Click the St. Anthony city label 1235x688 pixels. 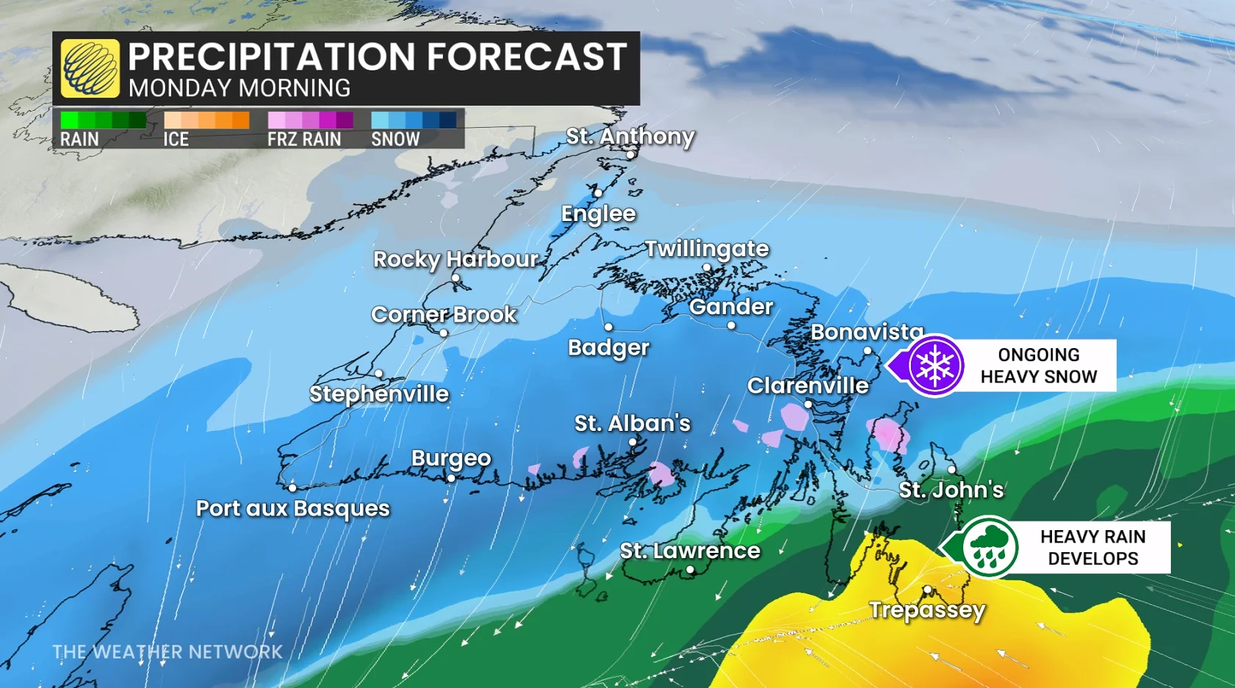630,136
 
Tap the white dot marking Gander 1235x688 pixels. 731,325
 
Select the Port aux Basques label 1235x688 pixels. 292,508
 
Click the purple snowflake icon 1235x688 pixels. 935,365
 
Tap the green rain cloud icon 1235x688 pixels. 989,547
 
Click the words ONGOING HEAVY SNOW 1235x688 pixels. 1038,366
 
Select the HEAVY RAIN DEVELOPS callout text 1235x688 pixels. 1092,548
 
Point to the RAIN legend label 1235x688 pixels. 79,139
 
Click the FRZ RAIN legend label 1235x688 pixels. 304,139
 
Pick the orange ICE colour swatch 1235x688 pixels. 206,120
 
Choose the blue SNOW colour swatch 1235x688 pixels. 414,120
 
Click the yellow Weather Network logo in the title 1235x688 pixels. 90,68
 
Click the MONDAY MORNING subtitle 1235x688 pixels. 240,88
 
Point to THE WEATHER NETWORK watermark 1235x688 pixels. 168,651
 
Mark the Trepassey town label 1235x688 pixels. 926,609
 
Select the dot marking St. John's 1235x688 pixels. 951,469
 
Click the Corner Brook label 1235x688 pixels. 444,314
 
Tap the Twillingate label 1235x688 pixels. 707,249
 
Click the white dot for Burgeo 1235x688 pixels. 451,478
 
